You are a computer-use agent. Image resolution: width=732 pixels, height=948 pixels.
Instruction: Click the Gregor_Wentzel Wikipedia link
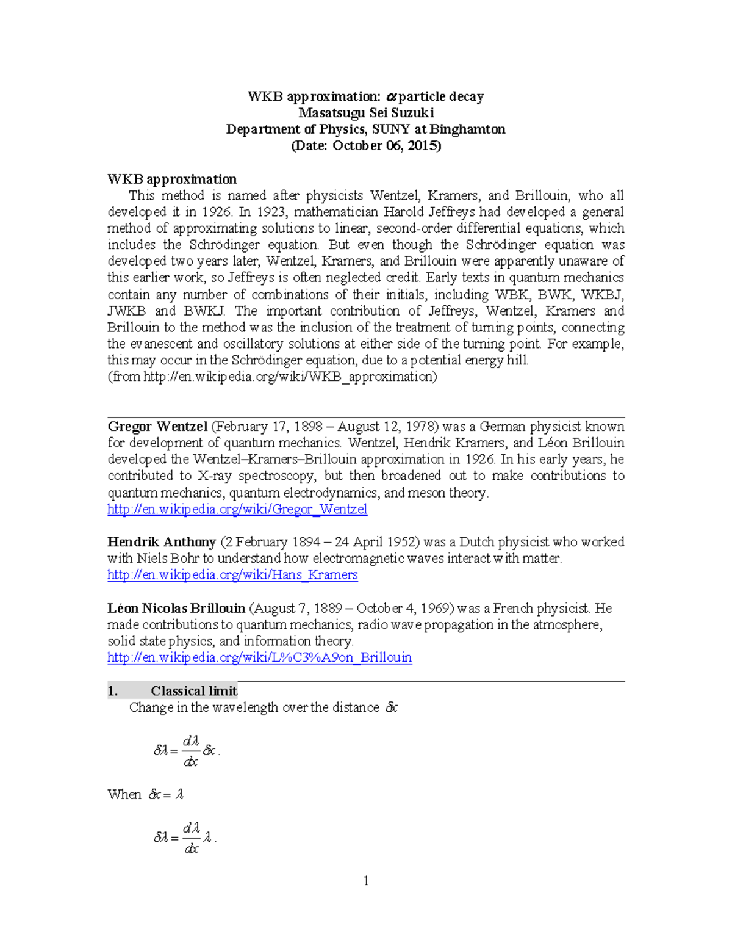[x=237, y=509]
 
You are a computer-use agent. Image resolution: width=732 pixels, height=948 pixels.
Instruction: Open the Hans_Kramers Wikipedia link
[x=232, y=574]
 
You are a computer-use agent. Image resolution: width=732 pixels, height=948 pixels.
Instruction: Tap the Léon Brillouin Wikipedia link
[x=259, y=657]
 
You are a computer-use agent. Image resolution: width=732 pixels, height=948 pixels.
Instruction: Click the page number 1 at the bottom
[x=366, y=880]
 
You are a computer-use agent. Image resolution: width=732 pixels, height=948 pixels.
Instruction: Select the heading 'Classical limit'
[x=194, y=691]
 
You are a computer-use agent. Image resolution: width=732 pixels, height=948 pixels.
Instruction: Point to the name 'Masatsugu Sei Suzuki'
[x=366, y=113]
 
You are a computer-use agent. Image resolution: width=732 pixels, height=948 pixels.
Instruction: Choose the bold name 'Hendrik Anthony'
[x=162, y=542]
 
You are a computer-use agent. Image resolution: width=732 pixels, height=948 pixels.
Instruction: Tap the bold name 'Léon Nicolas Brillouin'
[x=176, y=609]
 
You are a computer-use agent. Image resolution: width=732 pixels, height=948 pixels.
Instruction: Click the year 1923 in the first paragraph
[x=270, y=212]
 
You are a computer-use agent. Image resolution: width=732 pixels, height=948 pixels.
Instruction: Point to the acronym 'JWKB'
[x=126, y=311]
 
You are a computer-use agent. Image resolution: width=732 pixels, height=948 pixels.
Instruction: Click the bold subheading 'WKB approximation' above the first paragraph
[x=172, y=179]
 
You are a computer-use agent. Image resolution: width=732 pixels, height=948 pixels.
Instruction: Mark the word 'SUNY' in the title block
[x=391, y=129]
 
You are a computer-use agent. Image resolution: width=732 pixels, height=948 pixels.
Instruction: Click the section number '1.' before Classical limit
[x=112, y=691]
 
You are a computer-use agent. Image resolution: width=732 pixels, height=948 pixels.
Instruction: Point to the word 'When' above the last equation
[x=124, y=794]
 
